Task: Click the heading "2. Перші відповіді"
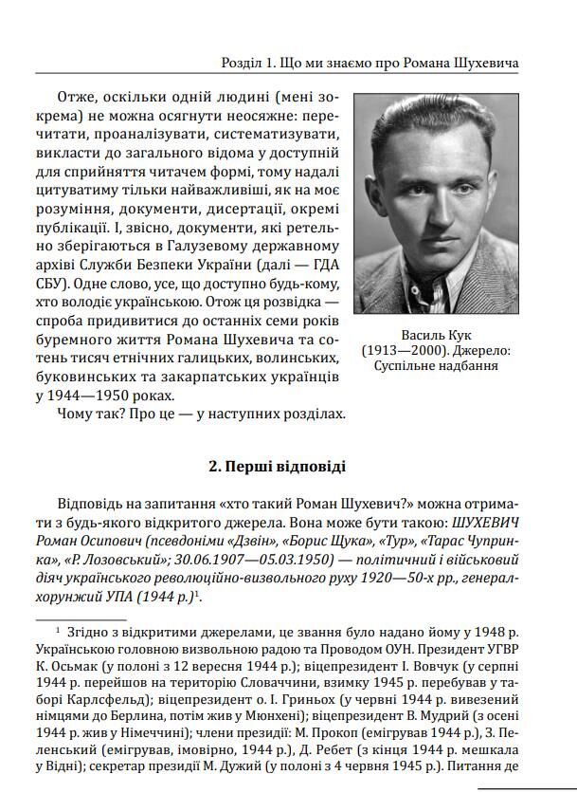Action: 277,466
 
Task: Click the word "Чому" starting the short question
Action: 76,414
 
